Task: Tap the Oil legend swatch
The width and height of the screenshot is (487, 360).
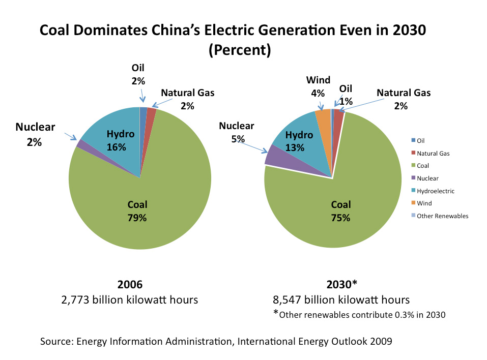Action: click(413, 140)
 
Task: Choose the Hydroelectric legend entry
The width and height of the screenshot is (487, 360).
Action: click(435, 191)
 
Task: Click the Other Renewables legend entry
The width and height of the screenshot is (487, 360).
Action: click(442, 216)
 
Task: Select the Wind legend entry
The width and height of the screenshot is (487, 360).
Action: click(424, 203)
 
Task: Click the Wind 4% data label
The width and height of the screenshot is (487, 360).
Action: click(318, 86)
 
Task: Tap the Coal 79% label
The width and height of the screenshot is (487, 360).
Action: click(137, 211)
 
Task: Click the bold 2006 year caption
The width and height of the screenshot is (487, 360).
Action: click(130, 285)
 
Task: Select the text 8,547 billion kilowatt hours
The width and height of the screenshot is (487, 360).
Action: click(341, 299)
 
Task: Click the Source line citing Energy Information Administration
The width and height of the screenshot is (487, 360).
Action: click(216, 341)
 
